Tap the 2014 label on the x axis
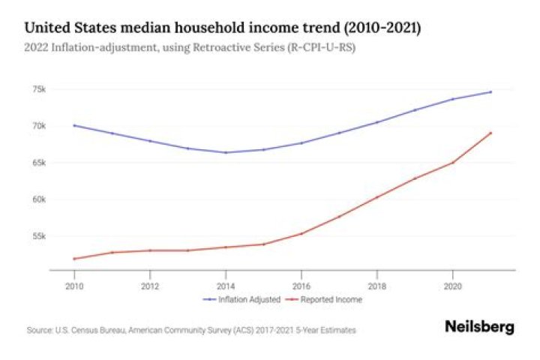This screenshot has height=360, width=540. [226, 285]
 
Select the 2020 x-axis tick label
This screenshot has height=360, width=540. [452, 285]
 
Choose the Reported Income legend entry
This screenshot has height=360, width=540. [331, 299]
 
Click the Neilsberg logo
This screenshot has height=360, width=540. [479, 328]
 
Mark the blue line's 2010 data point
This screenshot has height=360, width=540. [74, 125]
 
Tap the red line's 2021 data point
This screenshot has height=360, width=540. [490, 133]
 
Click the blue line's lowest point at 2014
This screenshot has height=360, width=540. [226, 152]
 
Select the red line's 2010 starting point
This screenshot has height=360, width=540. [74, 259]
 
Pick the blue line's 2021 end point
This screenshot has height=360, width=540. [490, 91]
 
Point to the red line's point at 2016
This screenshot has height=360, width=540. [301, 233]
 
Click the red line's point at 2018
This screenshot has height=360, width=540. [377, 197]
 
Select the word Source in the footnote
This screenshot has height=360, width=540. [37, 330]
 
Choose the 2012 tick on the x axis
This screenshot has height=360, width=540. [150, 285]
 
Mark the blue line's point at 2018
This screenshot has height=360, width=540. [377, 122]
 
